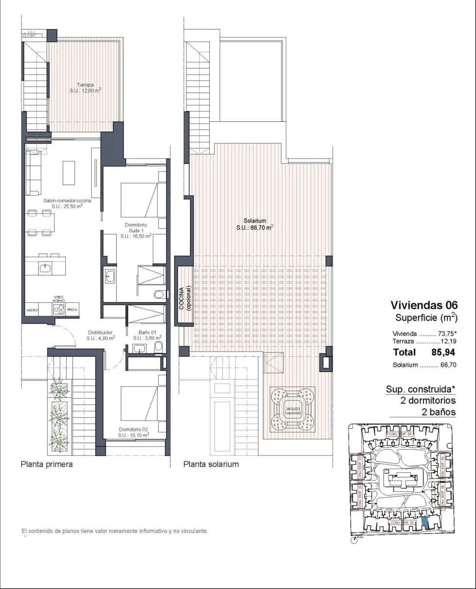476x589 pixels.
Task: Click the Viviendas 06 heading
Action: [424, 305]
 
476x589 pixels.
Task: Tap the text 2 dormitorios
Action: [428, 401]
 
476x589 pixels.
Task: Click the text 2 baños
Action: [439, 412]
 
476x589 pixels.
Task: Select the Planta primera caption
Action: [47, 464]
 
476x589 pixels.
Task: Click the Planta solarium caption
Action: [211, 464]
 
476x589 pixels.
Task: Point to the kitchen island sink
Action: [46, 267]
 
